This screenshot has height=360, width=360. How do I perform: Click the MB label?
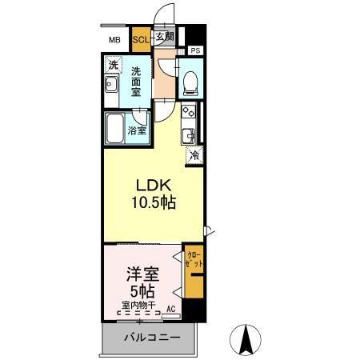114,38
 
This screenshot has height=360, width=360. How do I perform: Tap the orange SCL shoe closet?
141,38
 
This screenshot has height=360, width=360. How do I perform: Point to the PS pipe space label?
196,51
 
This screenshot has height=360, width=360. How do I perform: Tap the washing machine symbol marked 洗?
113,64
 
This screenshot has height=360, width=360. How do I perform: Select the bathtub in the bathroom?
115,128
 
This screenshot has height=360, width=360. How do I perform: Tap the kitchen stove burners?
189,112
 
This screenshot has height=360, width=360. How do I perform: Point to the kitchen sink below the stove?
190,134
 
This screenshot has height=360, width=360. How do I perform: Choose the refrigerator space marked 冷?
194,156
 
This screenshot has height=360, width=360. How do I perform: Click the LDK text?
150,184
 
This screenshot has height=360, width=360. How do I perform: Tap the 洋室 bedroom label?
140,274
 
